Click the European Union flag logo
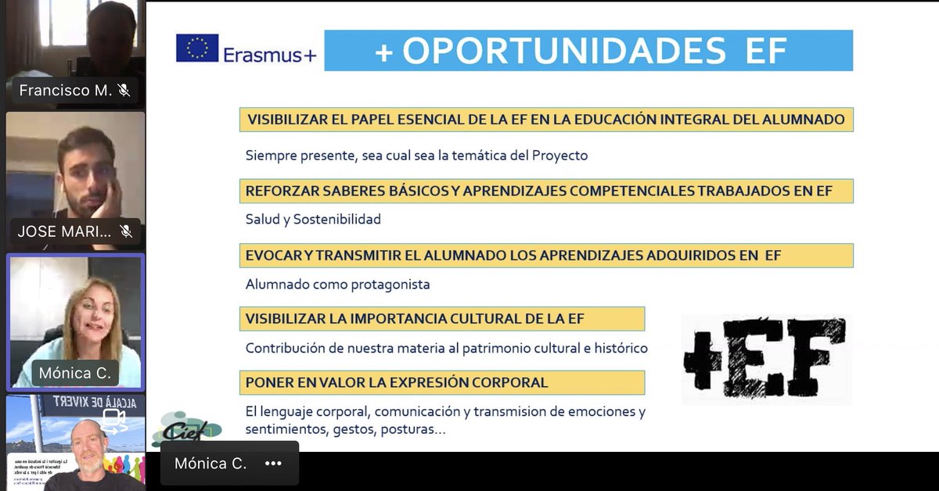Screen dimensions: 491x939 click(197, 48)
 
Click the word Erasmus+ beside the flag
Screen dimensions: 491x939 click(269, 55)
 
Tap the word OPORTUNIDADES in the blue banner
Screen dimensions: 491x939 click(563, 51)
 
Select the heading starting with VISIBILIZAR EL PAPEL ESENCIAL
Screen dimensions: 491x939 click(545, 120)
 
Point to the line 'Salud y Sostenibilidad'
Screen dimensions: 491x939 click(313, 220)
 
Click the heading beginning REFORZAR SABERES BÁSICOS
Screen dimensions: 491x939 click(539, 191)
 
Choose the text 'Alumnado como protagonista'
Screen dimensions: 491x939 click(338, 285)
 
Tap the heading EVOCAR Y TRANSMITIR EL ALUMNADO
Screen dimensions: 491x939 click(513, 256)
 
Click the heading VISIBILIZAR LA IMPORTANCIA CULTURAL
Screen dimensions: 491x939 click(415, 319)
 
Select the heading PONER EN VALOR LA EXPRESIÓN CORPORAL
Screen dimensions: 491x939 click(397, 383)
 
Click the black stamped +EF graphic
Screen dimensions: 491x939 click(765, 360)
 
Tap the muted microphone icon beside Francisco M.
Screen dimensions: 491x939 click(124, 90)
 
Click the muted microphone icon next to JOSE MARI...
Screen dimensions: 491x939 click(125, 231)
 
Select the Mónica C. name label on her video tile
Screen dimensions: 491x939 click(75, 374)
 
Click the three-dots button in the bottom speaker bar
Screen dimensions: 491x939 click(272, 463)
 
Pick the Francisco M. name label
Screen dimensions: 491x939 click(66, 90)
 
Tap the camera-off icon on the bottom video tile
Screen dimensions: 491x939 click(114, 421)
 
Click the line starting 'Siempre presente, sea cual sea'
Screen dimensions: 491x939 click(416, 156)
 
